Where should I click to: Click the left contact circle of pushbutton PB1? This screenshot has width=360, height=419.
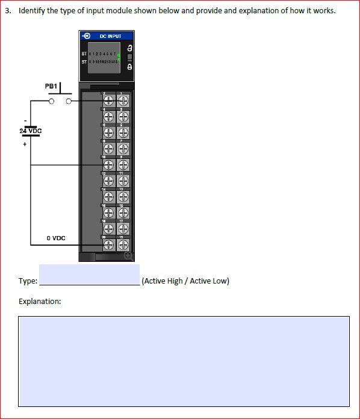coord(52,101)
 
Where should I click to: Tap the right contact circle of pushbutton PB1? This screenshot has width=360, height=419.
coord(69,101)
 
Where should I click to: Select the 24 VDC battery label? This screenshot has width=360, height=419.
coord(31,131)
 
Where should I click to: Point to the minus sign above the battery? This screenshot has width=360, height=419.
coord(25,119)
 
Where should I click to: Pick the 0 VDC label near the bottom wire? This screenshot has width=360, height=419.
coord(56,238)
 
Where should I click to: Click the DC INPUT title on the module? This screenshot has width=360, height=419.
coord(111,36)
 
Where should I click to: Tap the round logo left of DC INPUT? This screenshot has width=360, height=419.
coord(88,36)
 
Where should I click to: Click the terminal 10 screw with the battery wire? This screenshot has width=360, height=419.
coord(109,164)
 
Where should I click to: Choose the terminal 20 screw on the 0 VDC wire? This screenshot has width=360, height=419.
coord(109,244)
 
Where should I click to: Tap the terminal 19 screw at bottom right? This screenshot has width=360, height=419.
coord(123,244)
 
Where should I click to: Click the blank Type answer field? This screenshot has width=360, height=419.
coord(89,274)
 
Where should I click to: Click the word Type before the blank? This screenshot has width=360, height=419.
coord(27,281)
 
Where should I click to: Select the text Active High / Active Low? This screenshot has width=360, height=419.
coord(185,281)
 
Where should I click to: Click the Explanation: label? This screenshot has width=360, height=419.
coord(40,301)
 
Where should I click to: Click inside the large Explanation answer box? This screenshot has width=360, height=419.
coord(184,361)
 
